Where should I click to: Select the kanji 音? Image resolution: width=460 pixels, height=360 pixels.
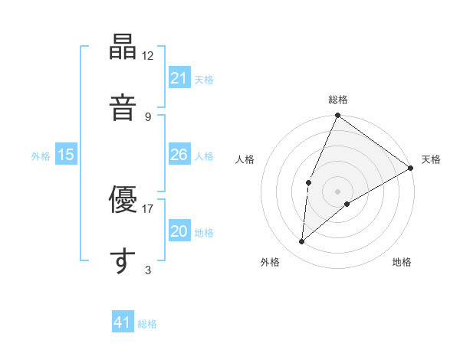[x=122, y=106]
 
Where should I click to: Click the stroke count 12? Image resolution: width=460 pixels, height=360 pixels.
[x=148, y=56]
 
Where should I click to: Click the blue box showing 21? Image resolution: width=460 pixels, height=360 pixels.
[x=179, y=78]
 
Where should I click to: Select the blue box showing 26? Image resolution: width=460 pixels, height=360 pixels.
[x=179, y=155]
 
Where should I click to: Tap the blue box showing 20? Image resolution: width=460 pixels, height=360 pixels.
[x=179, y=231]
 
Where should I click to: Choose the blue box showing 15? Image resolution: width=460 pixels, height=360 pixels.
[x=66, y=155]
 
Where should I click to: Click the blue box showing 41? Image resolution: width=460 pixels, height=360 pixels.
[x=123, y=322]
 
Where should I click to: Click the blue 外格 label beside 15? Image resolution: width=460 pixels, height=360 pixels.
[x=41, y=155]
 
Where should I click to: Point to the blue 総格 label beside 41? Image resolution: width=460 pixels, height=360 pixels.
[x=147, y=323]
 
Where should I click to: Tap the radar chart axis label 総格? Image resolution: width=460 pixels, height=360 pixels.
[x=337, y=100]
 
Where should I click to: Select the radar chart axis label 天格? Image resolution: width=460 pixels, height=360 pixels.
[x=431, y=159]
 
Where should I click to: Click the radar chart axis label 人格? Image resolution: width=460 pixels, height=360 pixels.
[x=245, y=159]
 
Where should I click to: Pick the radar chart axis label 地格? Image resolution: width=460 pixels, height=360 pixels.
[x=402, y=262]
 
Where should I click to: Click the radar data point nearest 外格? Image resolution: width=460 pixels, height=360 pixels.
[x=302, y=242]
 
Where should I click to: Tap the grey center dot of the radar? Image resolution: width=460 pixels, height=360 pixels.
[x=337, y=191]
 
